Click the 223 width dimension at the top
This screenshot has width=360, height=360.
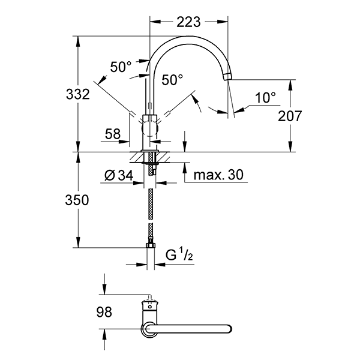(188, 22)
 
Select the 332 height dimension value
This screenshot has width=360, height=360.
(78, 94)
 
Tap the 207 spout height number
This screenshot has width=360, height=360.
(290, 116)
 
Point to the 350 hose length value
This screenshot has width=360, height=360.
(77, 200)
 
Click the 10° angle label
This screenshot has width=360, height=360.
(265, 98)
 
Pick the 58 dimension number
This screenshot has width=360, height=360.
(113, 134)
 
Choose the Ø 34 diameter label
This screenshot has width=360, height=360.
(119, 176)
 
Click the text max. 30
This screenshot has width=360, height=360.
(218, 175)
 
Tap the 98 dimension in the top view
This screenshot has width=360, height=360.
(104, 312)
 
